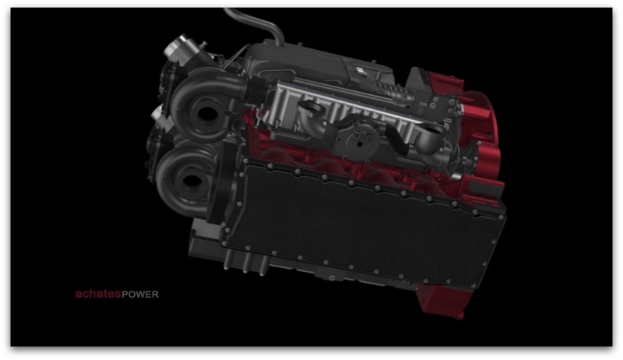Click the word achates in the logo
(98, 294)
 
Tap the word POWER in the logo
(140, 295)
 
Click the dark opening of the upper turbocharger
(205, 114)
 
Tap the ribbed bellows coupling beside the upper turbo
(255, 89)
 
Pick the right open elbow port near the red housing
(432, 131)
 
